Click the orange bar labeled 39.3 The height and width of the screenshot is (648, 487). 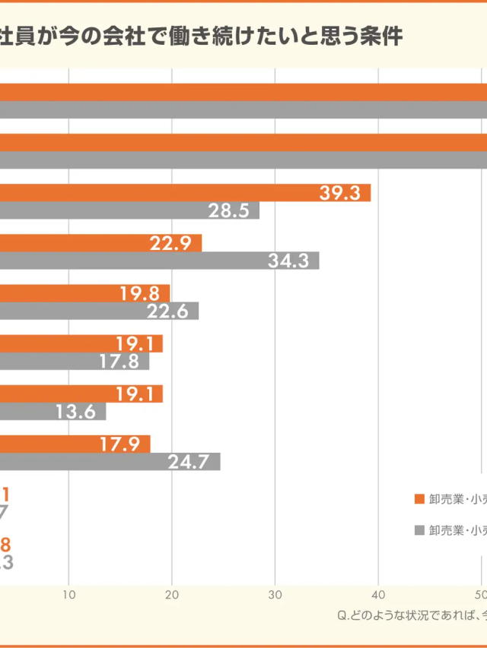[185, 193]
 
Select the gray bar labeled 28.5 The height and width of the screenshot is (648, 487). [129, 210]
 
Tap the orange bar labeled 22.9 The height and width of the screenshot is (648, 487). [100, 243]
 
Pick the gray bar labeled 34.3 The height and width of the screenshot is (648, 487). [159, 261]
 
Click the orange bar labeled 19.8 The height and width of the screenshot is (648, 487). [84, 293]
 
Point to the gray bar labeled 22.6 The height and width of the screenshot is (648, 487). [99, 311]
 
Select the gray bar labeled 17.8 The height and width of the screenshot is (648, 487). [75, 361]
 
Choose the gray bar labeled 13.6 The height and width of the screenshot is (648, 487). [53, 411]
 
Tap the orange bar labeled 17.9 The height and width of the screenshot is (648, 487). [75, 444]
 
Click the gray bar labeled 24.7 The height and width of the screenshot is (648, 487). [110, 461]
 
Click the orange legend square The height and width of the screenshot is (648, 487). [419, 499]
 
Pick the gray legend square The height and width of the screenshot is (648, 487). [419, 530]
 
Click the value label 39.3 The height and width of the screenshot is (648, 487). [339, 193]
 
